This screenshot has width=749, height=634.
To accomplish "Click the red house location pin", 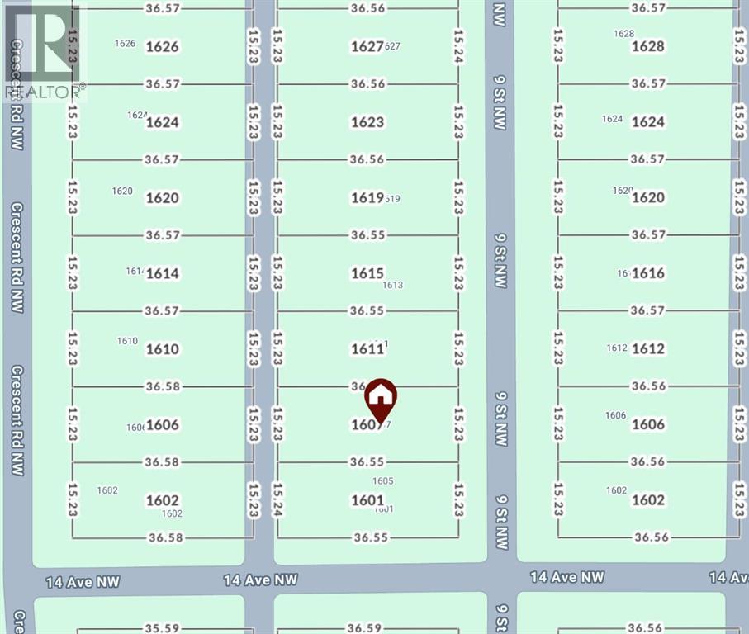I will (380, 399).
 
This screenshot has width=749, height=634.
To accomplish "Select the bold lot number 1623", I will (367, 122).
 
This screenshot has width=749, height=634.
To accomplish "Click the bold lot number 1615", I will (367, 273).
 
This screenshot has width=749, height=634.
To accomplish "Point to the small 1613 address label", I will (393, 286).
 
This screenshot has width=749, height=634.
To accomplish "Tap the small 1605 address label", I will (382, 481).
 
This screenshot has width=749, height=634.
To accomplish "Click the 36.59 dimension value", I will (363, 628).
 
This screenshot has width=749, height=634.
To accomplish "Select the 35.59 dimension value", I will (162, 628).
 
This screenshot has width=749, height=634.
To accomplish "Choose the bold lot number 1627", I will (366, 47).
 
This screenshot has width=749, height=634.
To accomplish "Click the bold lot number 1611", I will (367, 349).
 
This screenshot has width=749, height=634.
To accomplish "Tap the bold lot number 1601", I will (367, 500).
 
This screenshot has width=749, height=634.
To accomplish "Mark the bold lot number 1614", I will (163, 273).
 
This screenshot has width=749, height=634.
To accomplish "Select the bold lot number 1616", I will (648, 273).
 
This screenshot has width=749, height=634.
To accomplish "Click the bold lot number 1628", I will (648, 46).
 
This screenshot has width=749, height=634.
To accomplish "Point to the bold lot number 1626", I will (162, 46).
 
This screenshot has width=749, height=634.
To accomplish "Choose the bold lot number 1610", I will (163, 349).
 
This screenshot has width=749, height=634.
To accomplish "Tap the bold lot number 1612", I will (648, 349).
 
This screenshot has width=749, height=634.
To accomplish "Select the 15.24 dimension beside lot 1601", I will (277, 500).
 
